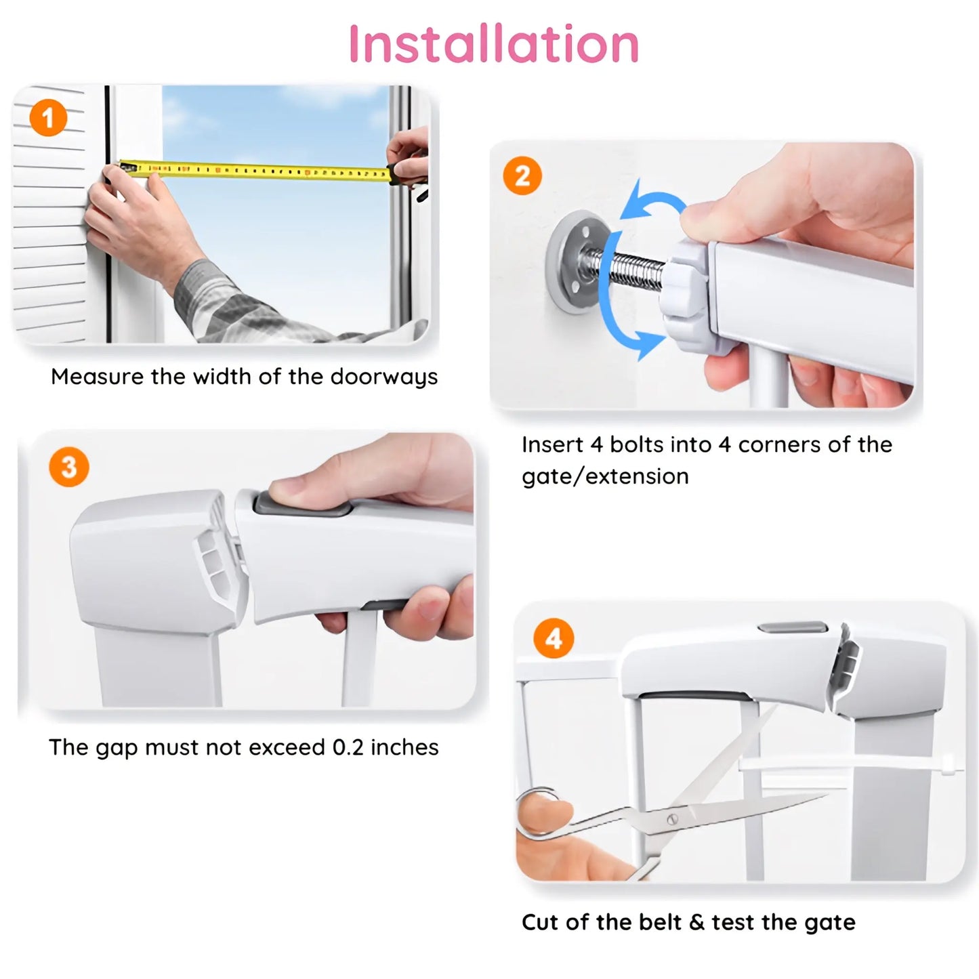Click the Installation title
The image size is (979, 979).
tap(493, 43)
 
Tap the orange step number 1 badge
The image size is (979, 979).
tap(48, 119)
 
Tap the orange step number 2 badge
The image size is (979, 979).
tap(522, 176)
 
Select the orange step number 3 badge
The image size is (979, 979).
tap(68, 467)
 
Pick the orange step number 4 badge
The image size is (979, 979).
tap(554, 639)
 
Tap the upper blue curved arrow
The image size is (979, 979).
tap(650, 200)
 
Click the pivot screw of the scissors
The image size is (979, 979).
tap(672, 818)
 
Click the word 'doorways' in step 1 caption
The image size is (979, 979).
tap(383, 377)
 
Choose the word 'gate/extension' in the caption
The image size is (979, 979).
tap(605, 476)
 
